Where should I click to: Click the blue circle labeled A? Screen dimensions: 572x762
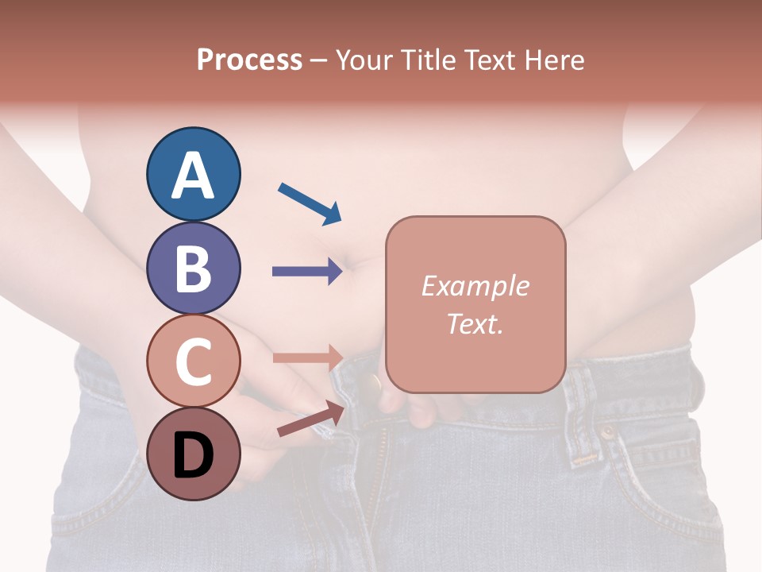(x=193, y=174)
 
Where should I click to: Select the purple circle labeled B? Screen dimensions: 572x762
(x=193, y=268)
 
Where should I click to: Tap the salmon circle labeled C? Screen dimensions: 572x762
(x=193, y=361)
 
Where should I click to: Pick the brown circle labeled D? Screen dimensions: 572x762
(x=193, y=454)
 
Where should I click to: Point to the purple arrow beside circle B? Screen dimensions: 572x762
(x=307, y=272)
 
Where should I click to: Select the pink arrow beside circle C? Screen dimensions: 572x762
(x=307, y=357)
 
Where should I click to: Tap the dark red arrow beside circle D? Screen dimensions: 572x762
(x=311, y=419)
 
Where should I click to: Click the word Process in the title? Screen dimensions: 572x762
(x=249, y=60)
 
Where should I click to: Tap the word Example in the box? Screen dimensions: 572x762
(x=475, y=286)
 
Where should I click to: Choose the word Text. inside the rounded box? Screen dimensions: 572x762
(x=475, y=323)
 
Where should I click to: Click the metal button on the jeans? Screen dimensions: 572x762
(x=371, y=384)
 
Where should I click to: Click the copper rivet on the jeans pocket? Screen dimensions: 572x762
(x=607, y=433)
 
